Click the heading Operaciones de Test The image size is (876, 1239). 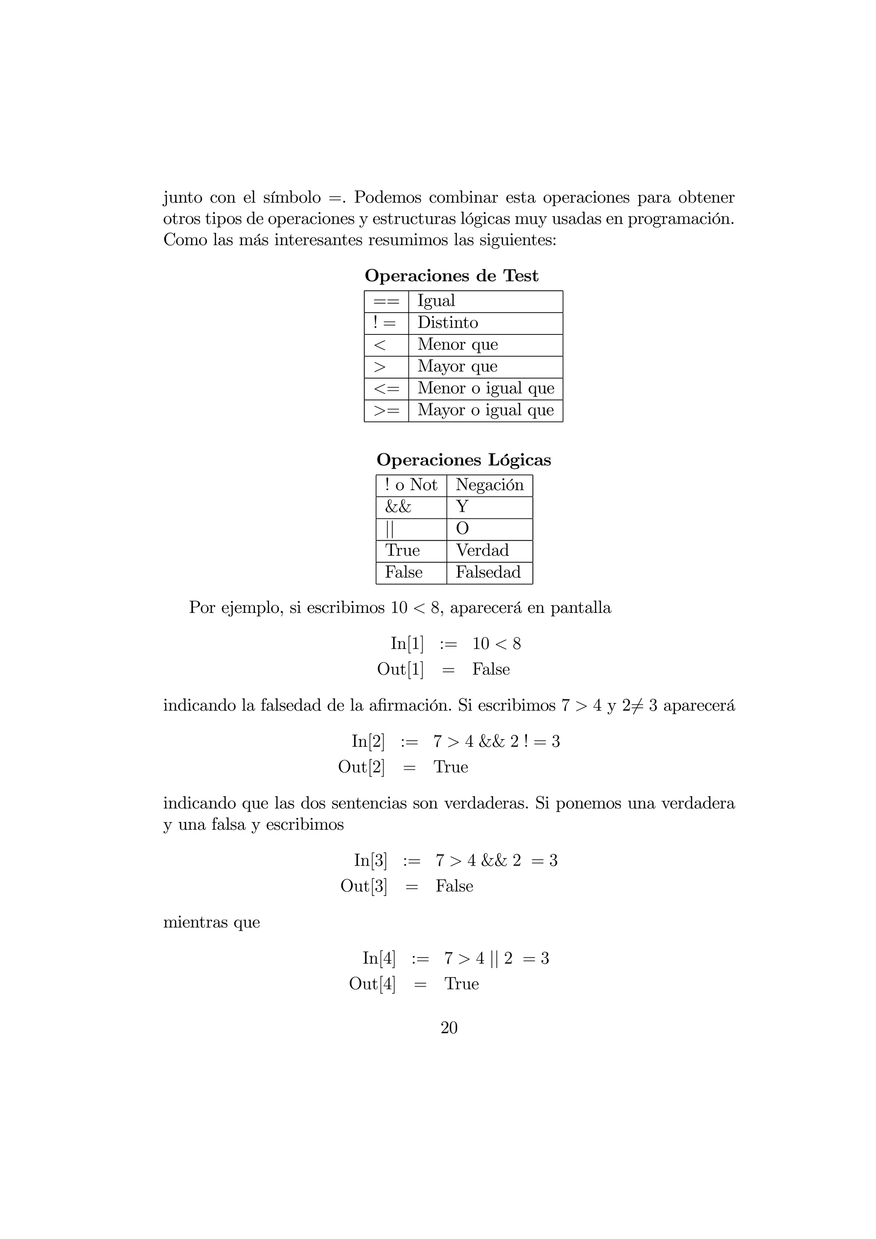coord(451,276)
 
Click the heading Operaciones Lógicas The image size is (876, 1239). coord(464,460)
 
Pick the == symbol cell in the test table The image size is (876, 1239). coord(386,301)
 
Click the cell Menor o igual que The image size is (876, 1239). coord(485,388)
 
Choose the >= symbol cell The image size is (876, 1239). coord(386,411)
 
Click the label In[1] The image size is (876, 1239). coord(407,643)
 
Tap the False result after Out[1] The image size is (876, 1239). coord(491,669)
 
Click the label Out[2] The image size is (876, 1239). coord(361,767)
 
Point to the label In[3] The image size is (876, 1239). coord(370,860)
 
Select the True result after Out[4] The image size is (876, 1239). coord(462,984)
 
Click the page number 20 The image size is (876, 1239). coord(449,1028)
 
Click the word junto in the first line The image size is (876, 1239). coord(183,198)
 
